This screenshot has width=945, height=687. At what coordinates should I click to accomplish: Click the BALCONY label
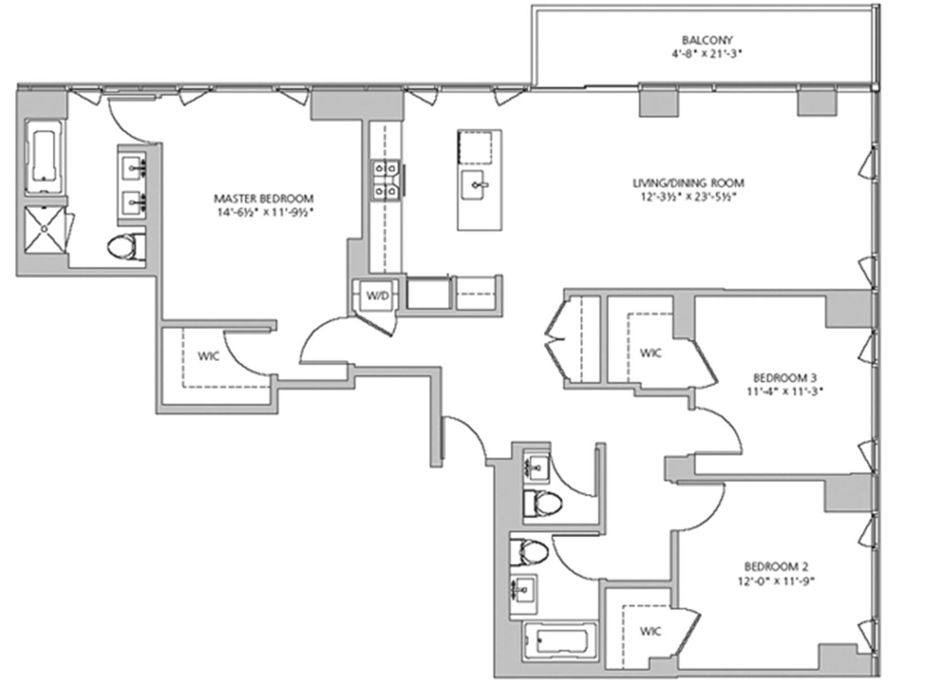pyautogui.click(x=708, y=40)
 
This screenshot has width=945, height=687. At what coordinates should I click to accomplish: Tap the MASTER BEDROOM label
pyautogui.click(x=264, y=198)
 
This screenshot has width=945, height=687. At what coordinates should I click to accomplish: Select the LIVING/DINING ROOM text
pyautogui.click(x=688, y=183)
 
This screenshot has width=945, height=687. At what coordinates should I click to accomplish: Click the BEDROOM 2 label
pyautogui.click(x=776, y=566)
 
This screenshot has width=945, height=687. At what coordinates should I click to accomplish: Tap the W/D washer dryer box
pyautogui.click(x=377, y=295)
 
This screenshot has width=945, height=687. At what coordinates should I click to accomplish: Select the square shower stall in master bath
pyautogui.click(x=45, y=229)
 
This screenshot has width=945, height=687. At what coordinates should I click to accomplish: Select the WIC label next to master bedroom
pyautogui.click(x=209, y=356)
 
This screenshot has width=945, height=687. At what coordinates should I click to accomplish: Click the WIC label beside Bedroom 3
pyautogui.click(x=651, y=353)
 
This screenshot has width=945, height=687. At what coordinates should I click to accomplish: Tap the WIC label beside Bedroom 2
pyautogui.click(x=650, y=631)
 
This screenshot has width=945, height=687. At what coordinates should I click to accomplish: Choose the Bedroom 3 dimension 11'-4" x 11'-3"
pyautogui.click(x=785, y=391)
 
